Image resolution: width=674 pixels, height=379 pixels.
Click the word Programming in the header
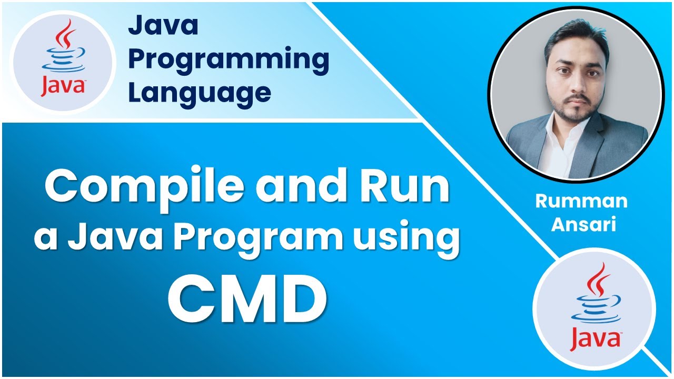229,59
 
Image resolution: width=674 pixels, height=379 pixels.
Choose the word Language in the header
200,93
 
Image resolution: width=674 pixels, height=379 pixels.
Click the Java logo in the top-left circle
63,62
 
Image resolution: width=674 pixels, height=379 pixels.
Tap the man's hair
574,39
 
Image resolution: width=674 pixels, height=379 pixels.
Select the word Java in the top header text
163,26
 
